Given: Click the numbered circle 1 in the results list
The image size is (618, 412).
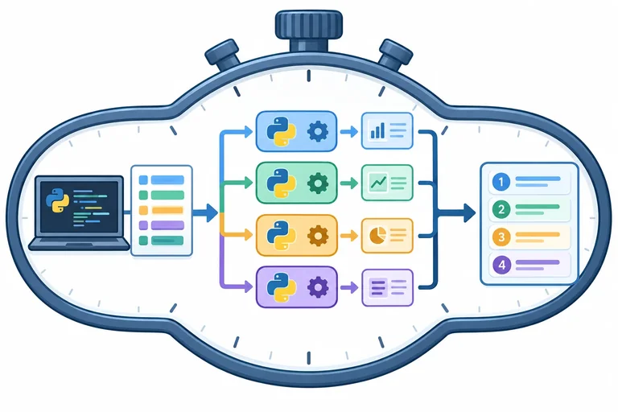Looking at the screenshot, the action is (x=501, y=182).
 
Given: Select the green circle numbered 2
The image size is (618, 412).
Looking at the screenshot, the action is (x=501, y=209).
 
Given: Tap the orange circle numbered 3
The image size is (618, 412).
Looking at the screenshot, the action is (x=501, y=237).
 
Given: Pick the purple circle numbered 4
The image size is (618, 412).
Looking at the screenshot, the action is (x=501, y=264).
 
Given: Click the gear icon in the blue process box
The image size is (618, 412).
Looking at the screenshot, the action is (x=317, y=131).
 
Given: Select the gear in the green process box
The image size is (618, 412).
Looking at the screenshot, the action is (x=317, y=183).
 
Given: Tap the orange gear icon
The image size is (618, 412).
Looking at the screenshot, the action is (x=318, y=236).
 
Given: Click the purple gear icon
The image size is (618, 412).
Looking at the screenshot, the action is (x=318, y=287).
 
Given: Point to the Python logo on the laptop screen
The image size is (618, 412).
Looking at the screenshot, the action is (x=58, y=200).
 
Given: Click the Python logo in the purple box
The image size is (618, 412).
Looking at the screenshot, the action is (x=281, y=287).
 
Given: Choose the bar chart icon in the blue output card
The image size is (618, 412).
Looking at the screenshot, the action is (x=377, y=130).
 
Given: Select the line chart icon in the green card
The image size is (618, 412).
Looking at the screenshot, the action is (x=378, y=183).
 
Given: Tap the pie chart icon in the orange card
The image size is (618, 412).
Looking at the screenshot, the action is (x=377, y=236).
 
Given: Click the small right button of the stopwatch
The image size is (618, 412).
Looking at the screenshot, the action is (x=394, y=53).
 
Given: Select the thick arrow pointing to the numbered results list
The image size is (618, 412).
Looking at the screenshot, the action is (x=456, y=213).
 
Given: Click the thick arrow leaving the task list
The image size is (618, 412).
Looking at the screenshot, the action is (x=205, y=213).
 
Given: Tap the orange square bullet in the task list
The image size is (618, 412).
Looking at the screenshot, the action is (x=143, y=210).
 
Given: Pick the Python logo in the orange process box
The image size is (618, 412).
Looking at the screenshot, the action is (x=281, y=236).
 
